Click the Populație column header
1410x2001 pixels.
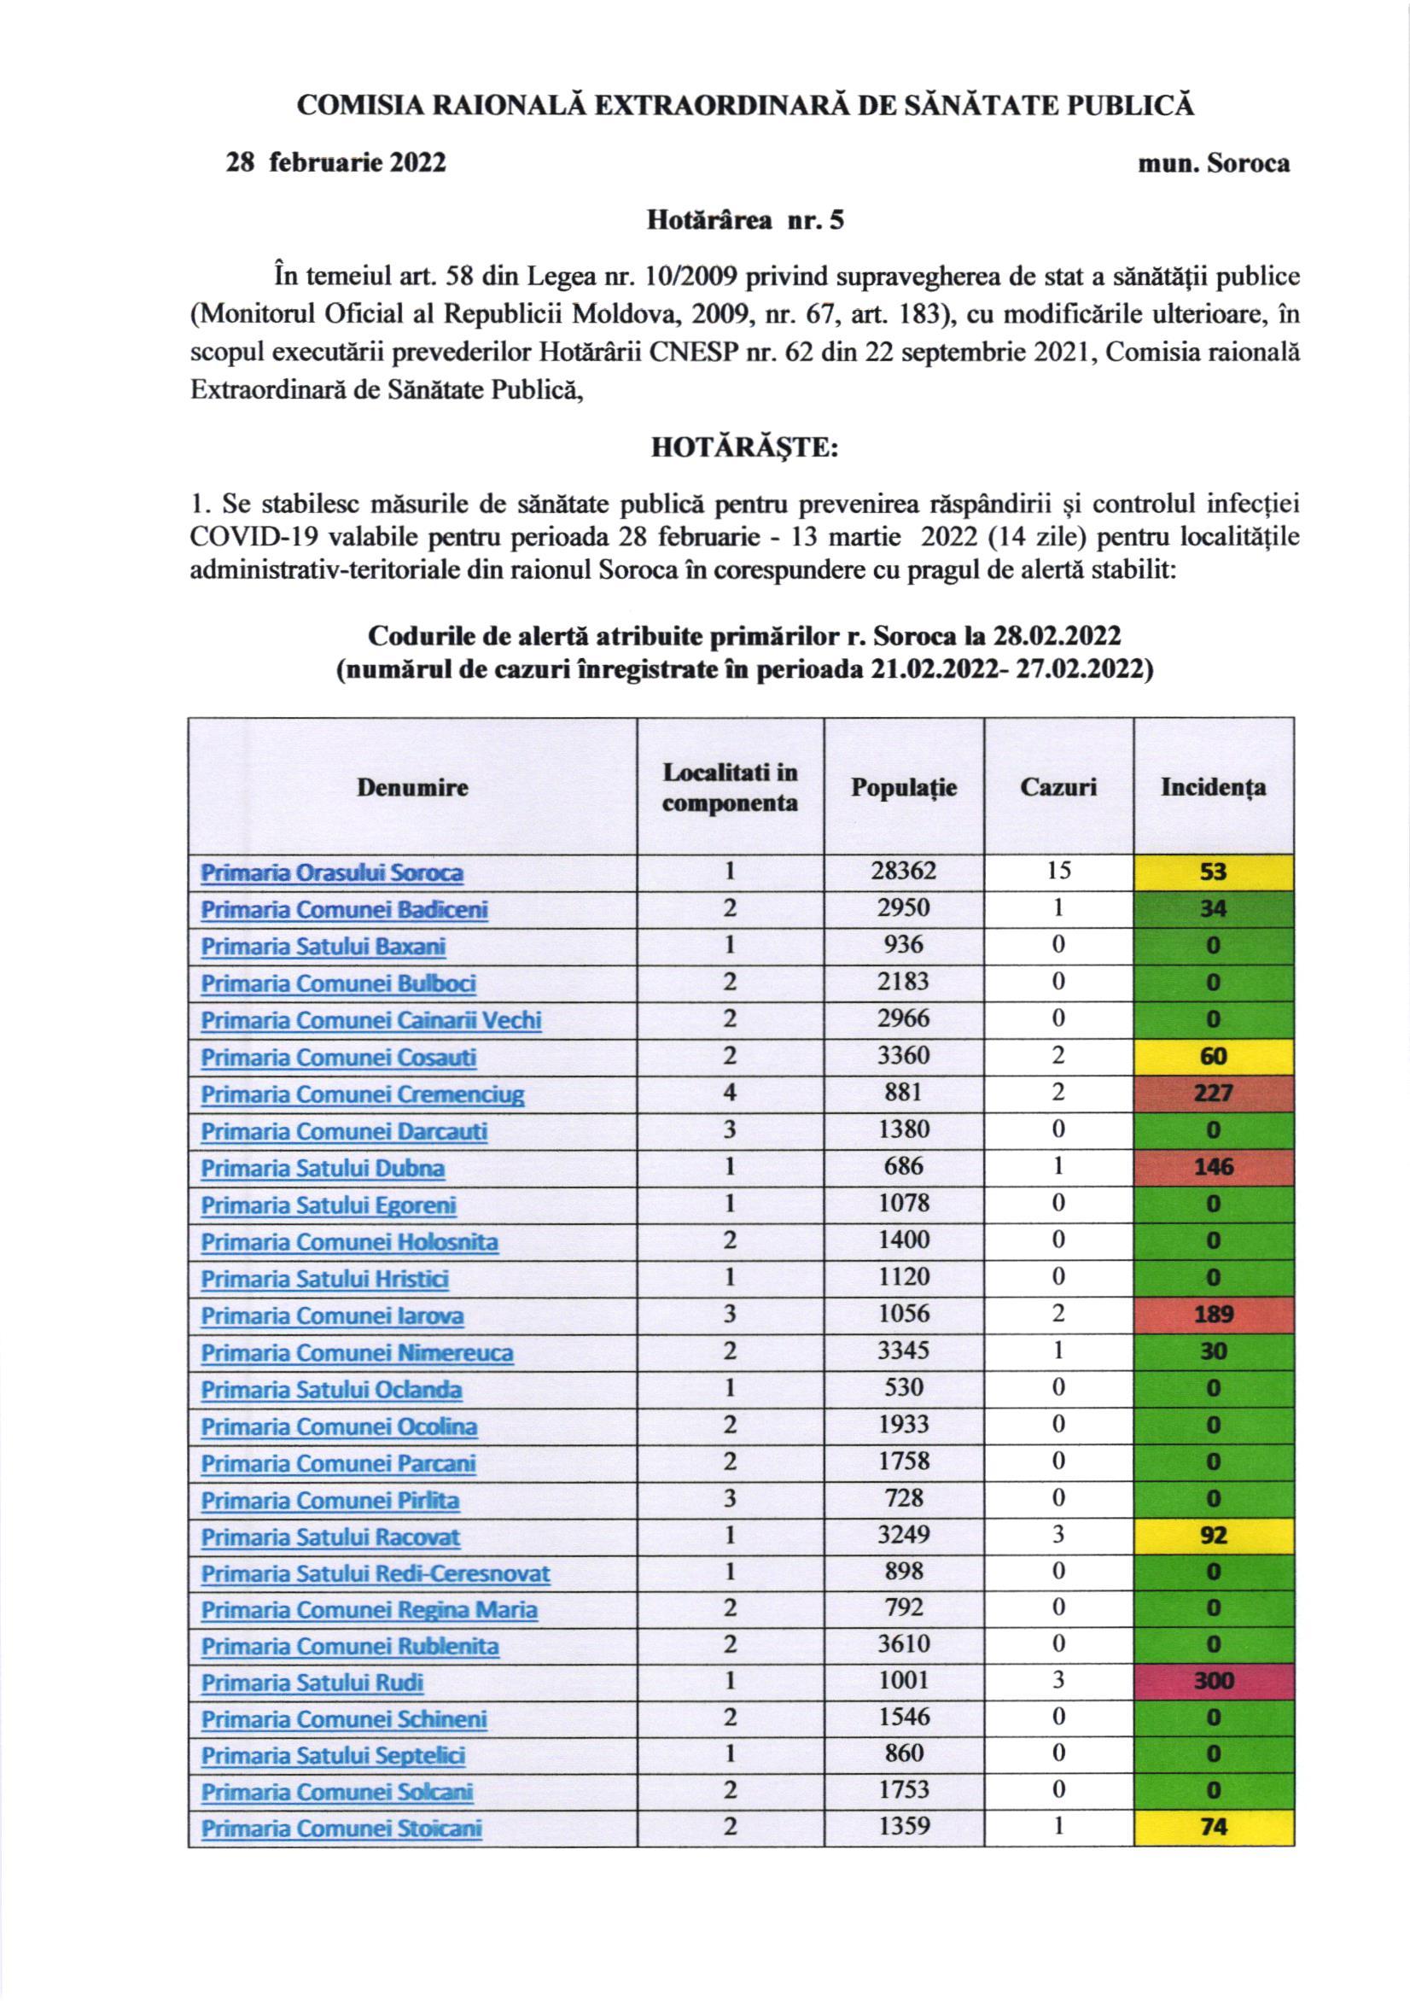pyautogui.click(x=904, y=787)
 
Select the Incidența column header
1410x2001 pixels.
pyautogui.click(x=1212, y=787)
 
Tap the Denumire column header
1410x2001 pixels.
pyautogui.click(x=412, y=787)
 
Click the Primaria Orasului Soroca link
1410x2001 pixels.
pyautogui.click(x=332, y=872)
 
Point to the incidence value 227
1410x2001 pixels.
pyautogui.click(x=1213, y=1093)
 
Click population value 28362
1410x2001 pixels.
pyautogui.click(x=904, y=872)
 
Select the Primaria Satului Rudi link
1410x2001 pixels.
pyautogui.click(x=312, y=1682)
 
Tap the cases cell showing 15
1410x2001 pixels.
pyautogui.click(x=1058, y=872)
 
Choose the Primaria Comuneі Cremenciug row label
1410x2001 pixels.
pyautogui.click(x=363, y=1094)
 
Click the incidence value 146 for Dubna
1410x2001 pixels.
pyautogui.click(x=1213, y=1167)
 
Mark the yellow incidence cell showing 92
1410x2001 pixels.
pyautogui.click(x=1213, y=1534)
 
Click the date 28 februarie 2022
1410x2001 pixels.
pyautogui.click(x=336, y=163)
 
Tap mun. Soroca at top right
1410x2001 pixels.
pyautogui.click(x=1214, y=163)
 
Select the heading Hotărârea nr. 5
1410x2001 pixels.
pyautogui.click(x=744, y=220)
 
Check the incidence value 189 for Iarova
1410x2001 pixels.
pyautogui.click(x=1213, y=1315)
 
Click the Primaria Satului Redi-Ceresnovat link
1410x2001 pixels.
pyautogui.click(x=376, y=1573)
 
